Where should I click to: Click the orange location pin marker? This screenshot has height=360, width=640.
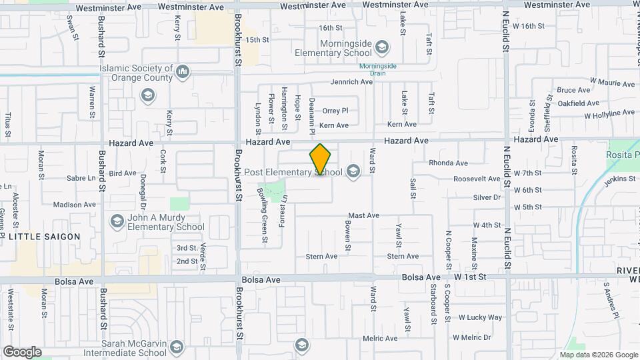(x=321, y=159)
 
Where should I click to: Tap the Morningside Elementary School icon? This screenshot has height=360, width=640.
(x=381, y=47)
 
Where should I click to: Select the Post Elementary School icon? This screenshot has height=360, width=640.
(x=353, y=173)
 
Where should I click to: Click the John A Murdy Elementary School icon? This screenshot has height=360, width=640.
(x=117, y=221)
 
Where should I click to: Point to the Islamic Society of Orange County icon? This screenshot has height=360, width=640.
(x=183, y=71)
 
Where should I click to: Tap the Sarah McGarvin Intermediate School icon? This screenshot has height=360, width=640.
(x=177, y=347)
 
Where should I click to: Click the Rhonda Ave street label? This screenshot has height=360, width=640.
(x=448, y=163)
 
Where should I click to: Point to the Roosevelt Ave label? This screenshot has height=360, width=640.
(x=477, y=179)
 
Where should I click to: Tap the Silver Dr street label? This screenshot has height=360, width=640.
(x=487, y=197)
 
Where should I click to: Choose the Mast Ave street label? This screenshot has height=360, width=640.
(x=364, y=215)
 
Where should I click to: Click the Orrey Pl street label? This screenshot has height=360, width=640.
(x=335, y=111)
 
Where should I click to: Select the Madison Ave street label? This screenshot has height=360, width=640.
(x=75, y=205)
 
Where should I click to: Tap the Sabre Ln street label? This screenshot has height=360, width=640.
(x=81, y=178)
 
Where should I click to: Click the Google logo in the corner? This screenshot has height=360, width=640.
(x=22, y=351)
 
